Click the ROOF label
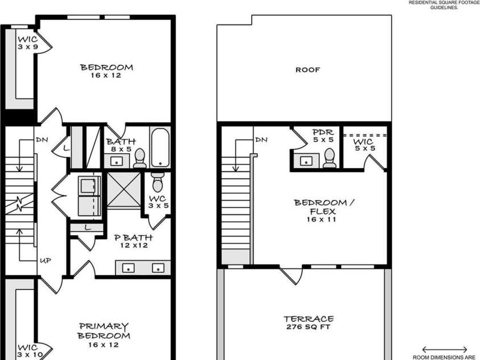click(x=307, y=70)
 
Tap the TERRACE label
click(x=308, y=319)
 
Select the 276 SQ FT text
click(x=308, y=327)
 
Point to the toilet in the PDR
click(x=329, y=159)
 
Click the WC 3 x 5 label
click(x=158, y=202)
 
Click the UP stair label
click(x=46, y=260)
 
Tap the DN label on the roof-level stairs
click(x=261, y=140)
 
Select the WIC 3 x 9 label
click(x=27, y=42)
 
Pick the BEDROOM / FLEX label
click(x=319, y=207)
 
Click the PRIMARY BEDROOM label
click(x=104, y=331)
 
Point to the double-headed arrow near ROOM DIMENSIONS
click(x=445, y=349)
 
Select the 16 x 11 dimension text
click(x=319, y=219)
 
